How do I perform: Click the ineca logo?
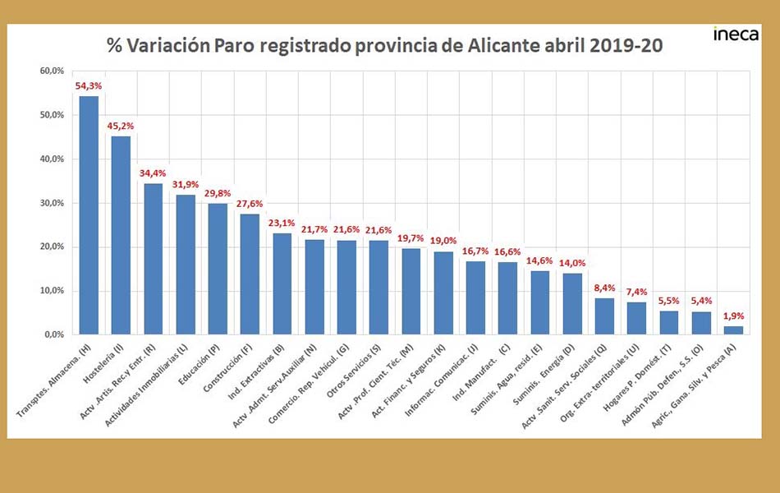coord(736,35)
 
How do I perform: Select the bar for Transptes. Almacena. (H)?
coord(89,215)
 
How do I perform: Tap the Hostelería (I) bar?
coord(121,235)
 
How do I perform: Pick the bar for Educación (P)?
coord(218,269)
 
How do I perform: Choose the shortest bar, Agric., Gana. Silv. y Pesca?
coord(733,330)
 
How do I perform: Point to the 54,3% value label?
coord(88,85)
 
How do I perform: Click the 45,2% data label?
coord(121,126)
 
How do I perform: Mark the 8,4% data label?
coord(604,288)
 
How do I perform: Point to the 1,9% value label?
coord(733,316)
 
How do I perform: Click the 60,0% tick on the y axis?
coord(51,71)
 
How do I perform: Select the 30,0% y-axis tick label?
coord(51,203)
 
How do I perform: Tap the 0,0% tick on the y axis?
coord(53,335)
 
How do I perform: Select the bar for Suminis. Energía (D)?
coord(572,304)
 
